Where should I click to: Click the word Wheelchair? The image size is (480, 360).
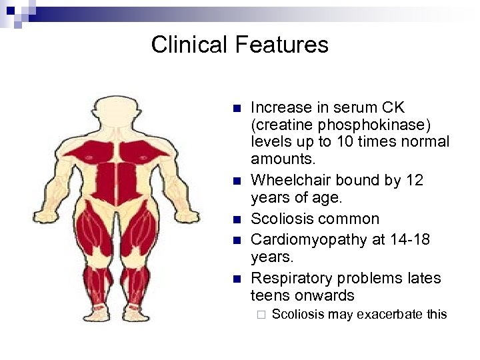[290, 181]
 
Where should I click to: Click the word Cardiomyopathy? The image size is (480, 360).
[306, 239]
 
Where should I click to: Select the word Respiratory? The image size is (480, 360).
[293, 277]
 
